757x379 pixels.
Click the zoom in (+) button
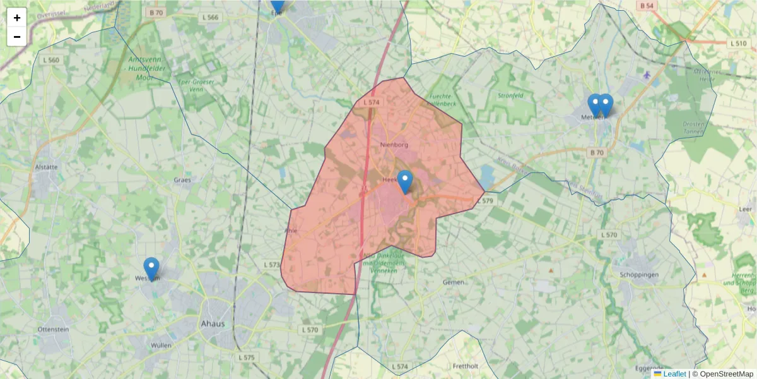[x=17, y=18]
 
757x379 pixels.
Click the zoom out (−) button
[x=17, y=37]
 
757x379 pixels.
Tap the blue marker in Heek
[x=405, y=182]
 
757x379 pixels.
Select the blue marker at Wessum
[x=151, y=268]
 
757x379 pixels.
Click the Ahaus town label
[x=212, y=324]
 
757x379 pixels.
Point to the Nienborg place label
[x=394, y=145]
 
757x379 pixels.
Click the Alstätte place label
[x=47, y=167]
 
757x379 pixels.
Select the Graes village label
[x=182, y=180]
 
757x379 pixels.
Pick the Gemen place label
[x=453, y=282]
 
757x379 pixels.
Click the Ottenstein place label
[x=53, y=330]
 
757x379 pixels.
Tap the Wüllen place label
[x=161, y=346]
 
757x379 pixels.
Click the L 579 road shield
[x=484, y=201]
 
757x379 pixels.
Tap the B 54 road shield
[x=645, y=6]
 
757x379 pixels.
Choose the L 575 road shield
[x=247, y=358]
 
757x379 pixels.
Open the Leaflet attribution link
[x=674, y=374]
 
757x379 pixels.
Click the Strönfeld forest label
[x=510, y=96]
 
